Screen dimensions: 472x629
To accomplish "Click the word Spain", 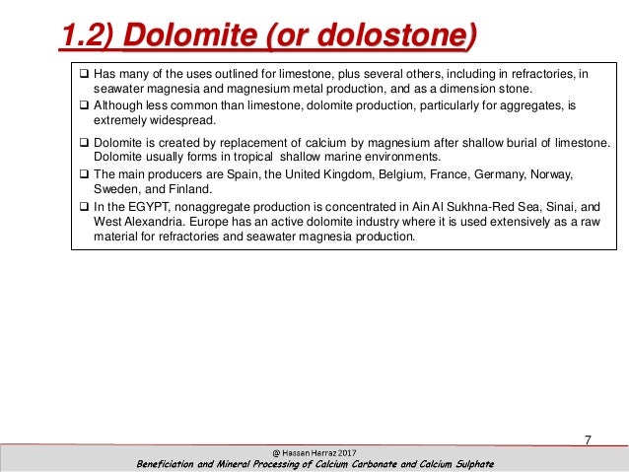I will coord(251,174).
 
